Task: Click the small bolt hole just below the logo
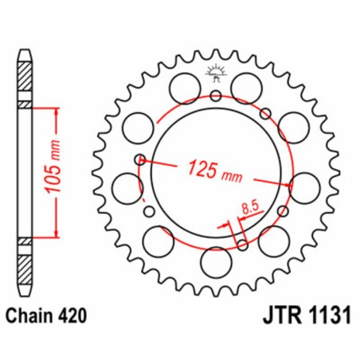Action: pyautogui.click(x=215, y=97)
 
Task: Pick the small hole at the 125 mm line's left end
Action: pyautogui.click(x=140, y=158)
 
